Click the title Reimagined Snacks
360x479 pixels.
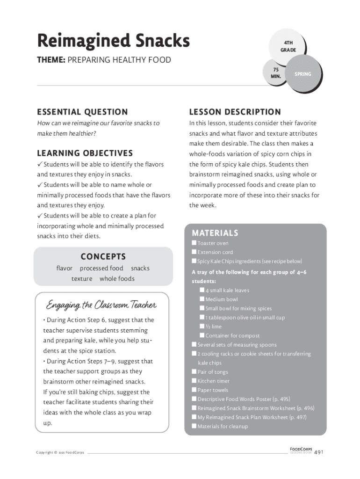tap(113, 41)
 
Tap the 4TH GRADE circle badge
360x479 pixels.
tap(288, 46)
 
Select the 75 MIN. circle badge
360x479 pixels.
tap(275, 73)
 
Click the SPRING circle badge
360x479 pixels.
tap(302, 74)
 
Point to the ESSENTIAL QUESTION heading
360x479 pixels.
tap(82, 112)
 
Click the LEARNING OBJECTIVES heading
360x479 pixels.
tap(85, 153)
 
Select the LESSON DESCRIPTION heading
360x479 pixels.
tap(235, 112)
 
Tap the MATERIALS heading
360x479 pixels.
tap(215, 233)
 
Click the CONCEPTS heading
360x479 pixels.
tap(103, 256)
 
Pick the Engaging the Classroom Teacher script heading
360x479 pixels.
tap(101, 305)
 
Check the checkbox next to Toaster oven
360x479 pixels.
tap(194, 243)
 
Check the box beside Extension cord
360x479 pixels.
tap(194, 252)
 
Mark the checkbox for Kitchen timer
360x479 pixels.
tap(194, 381)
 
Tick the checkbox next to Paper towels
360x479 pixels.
tap(194, 390)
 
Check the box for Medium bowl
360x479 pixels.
tap(202, 299)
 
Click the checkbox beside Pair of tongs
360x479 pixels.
tap(194, 372)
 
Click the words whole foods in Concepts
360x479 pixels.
tap(117, 279)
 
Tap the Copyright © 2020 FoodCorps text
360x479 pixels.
tap(60, 453)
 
